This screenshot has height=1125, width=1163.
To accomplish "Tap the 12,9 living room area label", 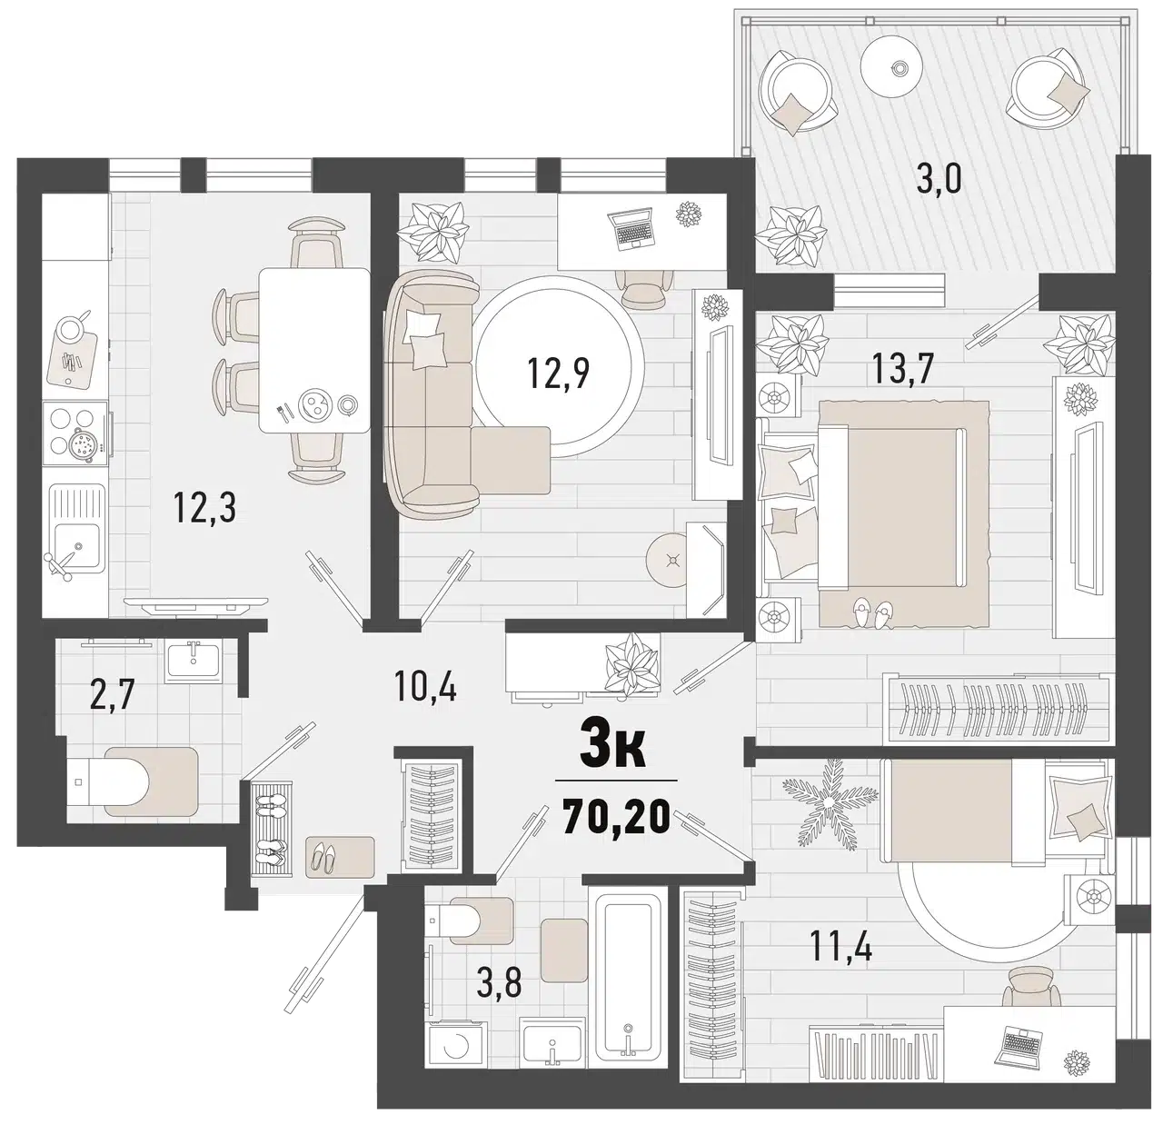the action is pyautogui.click(x=558, y=373).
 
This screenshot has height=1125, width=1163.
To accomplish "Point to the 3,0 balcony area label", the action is pyautogui.click(x=939, y=179).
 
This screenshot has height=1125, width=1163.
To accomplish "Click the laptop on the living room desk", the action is pyautogui.click(x=631, y=226).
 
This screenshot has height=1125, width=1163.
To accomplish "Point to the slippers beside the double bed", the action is pyautogui.click(x=871, y=613).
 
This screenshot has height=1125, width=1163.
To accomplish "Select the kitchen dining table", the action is pyautogui.click(x=314, y=350).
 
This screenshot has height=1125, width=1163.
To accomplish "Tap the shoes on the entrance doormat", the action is pyautogui.click(x=323, y=860).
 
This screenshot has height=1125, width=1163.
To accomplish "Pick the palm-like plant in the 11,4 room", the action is pyautogui.click(x=830, y=800).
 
